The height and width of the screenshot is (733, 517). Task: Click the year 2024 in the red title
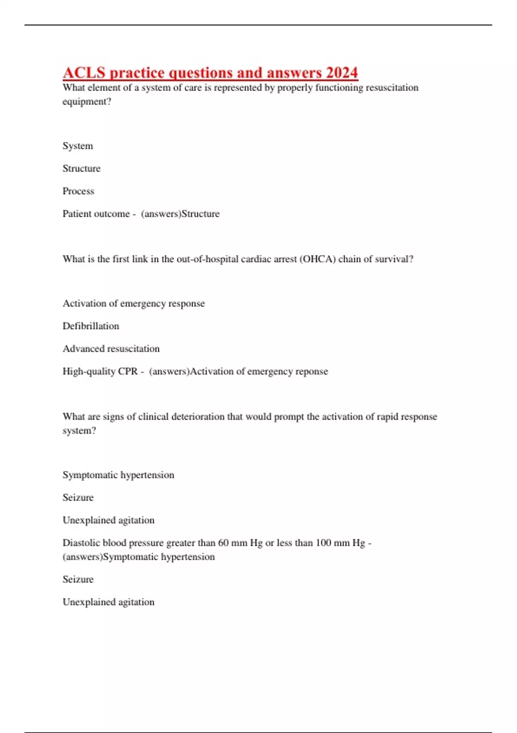tap(342, 72)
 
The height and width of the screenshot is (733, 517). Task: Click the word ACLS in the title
tap(84, 72)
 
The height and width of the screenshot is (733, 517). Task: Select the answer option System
tap(78, 146)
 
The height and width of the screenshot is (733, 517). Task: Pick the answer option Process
tap(78, 191)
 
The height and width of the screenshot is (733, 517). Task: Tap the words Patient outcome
tap(96, 214)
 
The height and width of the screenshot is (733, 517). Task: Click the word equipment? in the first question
tap(87, 102)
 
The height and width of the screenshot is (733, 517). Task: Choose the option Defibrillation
tap(90, 326)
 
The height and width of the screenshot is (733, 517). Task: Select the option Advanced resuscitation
tap(111, 349)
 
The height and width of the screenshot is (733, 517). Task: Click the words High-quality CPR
tap(100, 371)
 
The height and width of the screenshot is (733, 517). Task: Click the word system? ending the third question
tap(79, 431)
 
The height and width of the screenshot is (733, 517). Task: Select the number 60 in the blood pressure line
tap(223, 543)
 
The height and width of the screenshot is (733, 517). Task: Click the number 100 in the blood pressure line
tap(323, 543)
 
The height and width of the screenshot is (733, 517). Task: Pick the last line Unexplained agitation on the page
tap(108, 602)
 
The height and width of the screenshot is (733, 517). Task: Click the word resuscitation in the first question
tap(392, 88)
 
